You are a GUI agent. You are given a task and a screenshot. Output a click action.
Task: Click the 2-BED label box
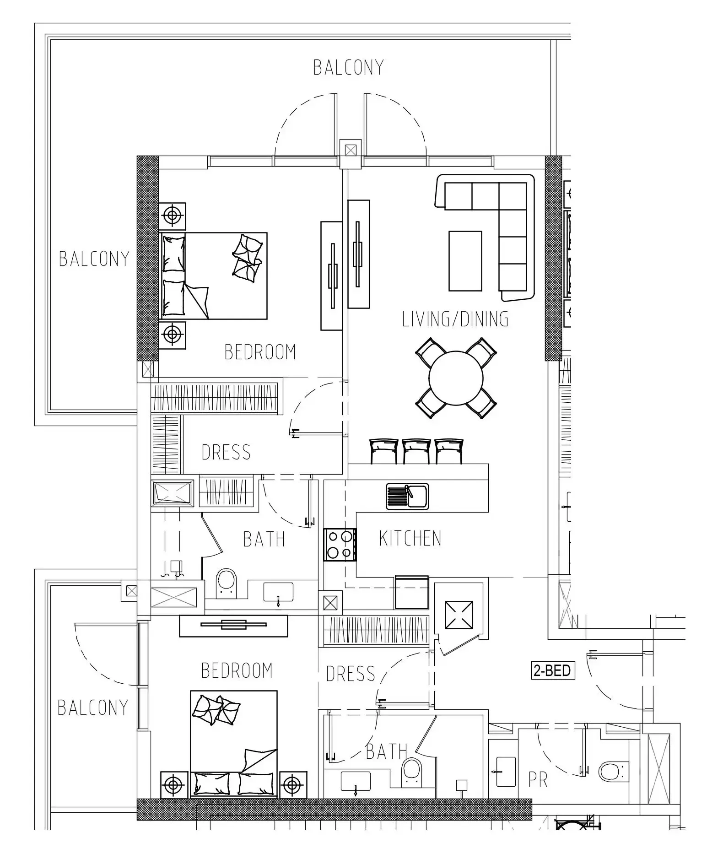coord(552,671)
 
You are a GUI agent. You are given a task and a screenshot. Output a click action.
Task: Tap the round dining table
coord(456,378)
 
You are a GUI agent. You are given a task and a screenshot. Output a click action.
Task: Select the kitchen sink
coord(407,496)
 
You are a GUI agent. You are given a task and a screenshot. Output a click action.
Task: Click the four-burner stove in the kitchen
coord(340,545)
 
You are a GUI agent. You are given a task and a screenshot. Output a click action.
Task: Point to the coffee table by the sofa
coord(465,261)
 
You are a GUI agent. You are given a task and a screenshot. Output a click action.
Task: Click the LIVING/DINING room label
coord(455,319)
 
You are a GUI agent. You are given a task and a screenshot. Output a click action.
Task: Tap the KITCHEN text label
coord(410,538)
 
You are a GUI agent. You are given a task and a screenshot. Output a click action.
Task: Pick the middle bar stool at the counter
coord(416,451)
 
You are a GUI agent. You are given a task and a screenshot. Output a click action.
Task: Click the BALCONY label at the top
coord(348,68)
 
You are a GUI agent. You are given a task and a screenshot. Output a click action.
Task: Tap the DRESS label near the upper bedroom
coord(226,452)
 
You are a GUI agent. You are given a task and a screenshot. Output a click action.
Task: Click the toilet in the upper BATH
coord(227,582)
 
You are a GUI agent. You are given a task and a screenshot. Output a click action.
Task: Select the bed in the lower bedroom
coord(233,744)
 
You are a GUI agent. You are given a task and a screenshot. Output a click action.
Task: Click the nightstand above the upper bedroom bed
coord(172,216)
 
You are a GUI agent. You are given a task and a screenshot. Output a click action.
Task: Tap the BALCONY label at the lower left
coord(92,708)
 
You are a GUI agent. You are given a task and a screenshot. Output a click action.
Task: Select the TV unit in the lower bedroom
coord(233,626)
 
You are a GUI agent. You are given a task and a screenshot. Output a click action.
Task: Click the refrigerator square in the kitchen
coord(411,592)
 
